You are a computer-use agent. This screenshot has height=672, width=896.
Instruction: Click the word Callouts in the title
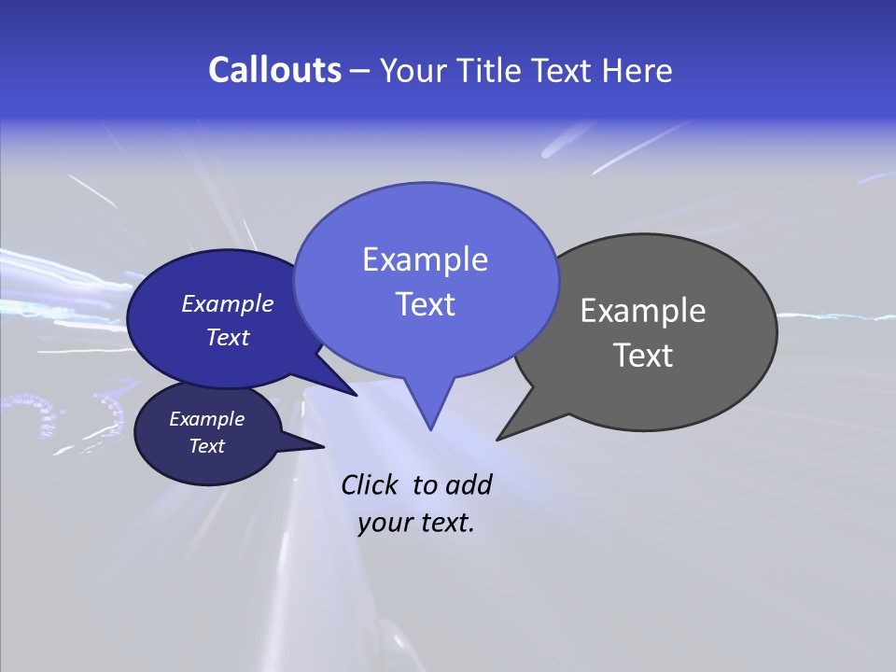pyautogui.click(x=274, y=70)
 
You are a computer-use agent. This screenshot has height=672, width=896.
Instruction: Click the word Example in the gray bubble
pyautogui.click(x=642, y=311)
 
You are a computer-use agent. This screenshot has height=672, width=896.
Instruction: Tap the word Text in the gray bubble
pyautogui.click(x=643, y=355)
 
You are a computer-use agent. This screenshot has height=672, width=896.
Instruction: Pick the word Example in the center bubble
pyautogui.click(x=425, y=259)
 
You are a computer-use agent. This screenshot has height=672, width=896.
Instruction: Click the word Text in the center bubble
pyautogui.click(x=425, y=303)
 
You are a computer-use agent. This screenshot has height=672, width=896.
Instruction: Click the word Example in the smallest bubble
pyautogui.click(x=206, y=419)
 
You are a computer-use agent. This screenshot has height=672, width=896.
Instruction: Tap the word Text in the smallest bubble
pyautogui.click(x=206, y=446)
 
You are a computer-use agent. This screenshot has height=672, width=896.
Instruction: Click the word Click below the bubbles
pyautogui.click(x=369, y=484)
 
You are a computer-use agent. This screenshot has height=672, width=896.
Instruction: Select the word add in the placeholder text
pyautogui.click(x=469, y=484)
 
